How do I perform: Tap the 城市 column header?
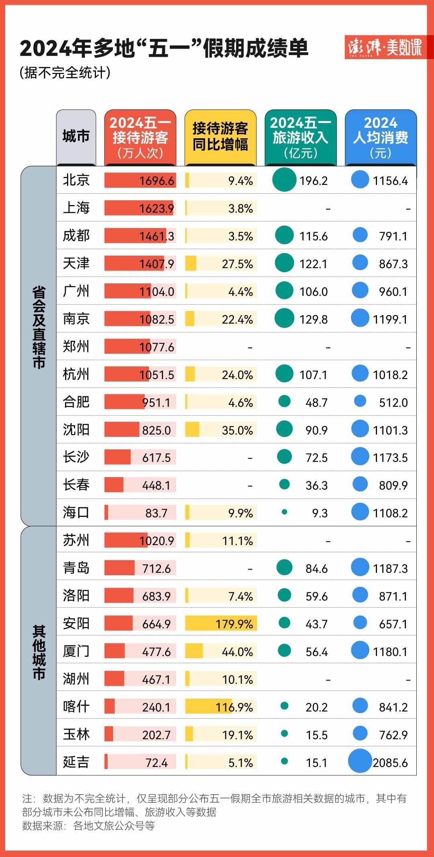coord(76,137)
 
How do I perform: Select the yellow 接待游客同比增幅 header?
coord(220,137)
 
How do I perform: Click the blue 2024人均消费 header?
coord(381,137)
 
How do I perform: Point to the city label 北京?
coord(76,180)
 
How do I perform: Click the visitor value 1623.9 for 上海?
coord(157,208)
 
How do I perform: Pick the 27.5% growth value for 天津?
coord(237,264)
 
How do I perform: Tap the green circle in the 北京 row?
coord(284,180)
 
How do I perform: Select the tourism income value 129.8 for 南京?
coord(313,320)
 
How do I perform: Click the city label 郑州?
coord(76,346)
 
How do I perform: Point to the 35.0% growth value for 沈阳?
coord(237,431)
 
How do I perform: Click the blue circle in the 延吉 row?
coord(360,761)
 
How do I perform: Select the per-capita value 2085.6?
coord(390,763)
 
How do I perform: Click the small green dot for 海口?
coord(284,512)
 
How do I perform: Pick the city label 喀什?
coord(76,707)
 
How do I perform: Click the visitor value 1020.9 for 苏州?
coord(157,541)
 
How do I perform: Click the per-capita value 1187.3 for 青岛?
coord(390,569)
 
